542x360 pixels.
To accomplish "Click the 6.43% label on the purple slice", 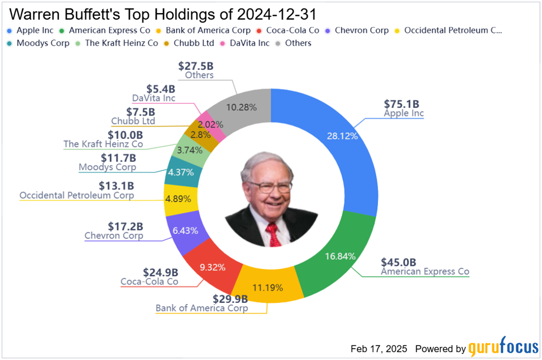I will point(181,231).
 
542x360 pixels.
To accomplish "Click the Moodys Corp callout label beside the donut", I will point(108,167).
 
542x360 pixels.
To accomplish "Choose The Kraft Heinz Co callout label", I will point(103,144).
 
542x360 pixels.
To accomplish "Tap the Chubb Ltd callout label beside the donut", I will point(133,121).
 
